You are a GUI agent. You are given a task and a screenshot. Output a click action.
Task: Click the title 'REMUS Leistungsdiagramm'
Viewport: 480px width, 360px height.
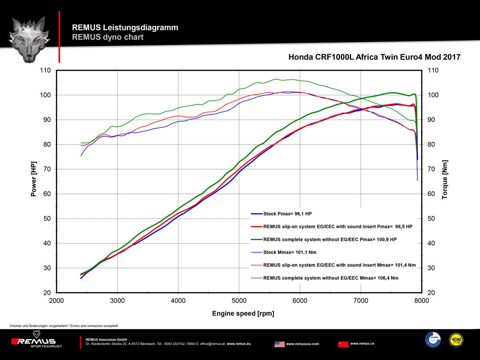pos(125,28)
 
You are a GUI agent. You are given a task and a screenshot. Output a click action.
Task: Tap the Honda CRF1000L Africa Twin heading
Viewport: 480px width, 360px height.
pos(374,57)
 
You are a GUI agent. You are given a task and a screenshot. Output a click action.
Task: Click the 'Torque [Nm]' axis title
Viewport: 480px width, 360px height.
pos(445,180)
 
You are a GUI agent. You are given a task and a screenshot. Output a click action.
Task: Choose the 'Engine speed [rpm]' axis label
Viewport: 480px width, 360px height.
pos(243,314)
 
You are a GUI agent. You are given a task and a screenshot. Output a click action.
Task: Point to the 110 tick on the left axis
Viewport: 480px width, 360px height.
pos(46,70)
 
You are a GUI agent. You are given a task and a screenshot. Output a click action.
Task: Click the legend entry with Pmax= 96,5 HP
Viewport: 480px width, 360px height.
pos(338,227)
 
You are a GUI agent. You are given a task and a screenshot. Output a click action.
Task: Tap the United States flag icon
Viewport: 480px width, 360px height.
pos(280,344)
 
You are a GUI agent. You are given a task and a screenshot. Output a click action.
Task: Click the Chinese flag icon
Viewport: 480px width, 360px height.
pos(343,344)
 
